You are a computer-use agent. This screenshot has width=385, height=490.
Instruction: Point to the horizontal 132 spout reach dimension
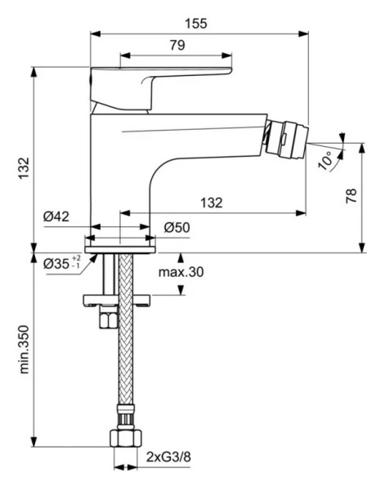[x=212, y=203]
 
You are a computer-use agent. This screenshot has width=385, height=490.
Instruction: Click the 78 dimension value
[x=350, y=197]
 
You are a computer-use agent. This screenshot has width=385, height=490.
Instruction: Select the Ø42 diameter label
[x=56, y=216]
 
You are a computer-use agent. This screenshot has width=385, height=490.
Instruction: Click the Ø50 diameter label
[x=177, y=227]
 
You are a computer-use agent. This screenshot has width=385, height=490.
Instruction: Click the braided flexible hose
[x=124, y=351]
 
